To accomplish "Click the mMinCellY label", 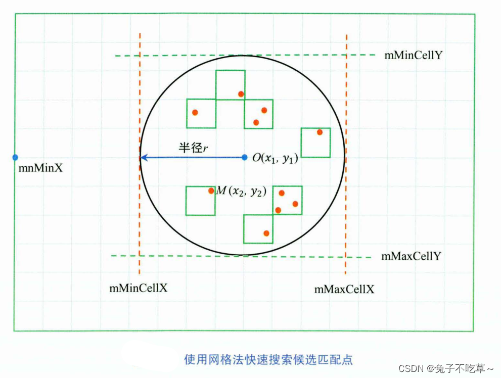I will click(414, 56).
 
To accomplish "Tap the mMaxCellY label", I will click(411, 256).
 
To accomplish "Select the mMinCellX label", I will click(139, 289).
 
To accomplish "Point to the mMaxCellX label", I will click(344, 290).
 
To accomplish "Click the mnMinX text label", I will click(40, 168).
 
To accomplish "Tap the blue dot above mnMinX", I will click(15, 157).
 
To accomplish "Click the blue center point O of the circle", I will click(245, 157).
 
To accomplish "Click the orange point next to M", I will click(211, 191).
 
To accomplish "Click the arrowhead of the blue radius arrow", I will click(143, 157).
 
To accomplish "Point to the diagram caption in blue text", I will click(268, 359).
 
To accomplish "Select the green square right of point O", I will click(315, 143).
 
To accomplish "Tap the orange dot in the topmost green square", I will click(241, 93).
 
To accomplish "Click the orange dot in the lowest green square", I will click(266, 233).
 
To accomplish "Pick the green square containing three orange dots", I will click(287, 200).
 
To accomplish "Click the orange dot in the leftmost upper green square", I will click(195, 112).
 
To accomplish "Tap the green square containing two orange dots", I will click(258, 114).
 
